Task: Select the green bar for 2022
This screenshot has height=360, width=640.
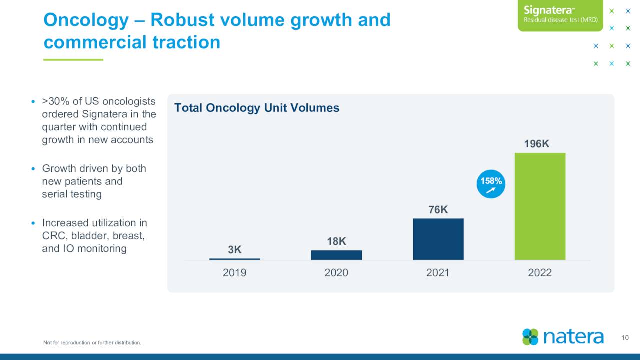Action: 540,206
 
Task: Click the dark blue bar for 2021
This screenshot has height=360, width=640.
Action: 438,239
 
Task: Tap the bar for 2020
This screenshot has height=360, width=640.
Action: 336,255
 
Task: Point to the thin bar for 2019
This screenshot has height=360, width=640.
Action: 234,259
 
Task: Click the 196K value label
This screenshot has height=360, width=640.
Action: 537,144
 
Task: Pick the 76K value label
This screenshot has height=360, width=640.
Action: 438,210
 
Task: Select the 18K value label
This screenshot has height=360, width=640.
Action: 336,241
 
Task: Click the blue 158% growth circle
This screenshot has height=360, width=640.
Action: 491,184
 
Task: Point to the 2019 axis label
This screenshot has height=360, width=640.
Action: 234,273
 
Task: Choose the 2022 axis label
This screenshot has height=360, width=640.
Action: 540,273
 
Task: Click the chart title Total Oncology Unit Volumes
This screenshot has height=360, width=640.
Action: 257,108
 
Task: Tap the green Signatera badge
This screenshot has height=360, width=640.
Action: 560,15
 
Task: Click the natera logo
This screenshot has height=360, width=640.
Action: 563,336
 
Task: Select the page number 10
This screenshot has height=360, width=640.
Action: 625,338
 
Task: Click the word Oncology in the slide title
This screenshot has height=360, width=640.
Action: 86,20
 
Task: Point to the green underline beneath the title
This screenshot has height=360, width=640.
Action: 73,60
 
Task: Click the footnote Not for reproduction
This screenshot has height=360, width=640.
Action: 92,342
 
